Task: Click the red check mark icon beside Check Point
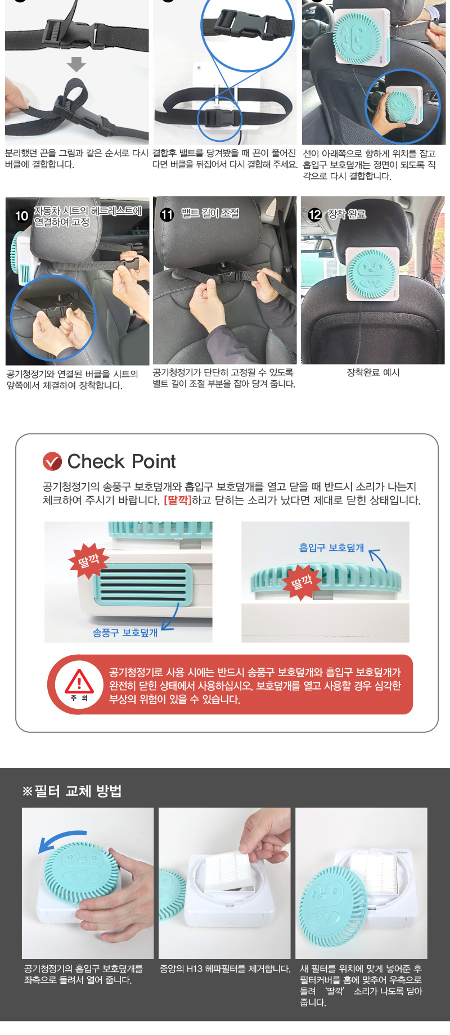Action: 52,461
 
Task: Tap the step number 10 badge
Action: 21,216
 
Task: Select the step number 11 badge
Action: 167,214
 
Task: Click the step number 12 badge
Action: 314,214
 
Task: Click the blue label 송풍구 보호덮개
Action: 125,633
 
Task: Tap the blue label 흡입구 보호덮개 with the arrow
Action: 331,548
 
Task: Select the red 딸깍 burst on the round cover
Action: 301,582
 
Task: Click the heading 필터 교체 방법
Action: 78,791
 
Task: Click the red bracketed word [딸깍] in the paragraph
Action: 177,501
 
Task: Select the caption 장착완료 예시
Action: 373,372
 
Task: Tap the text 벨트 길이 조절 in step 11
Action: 210,213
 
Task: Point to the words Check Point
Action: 121,461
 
